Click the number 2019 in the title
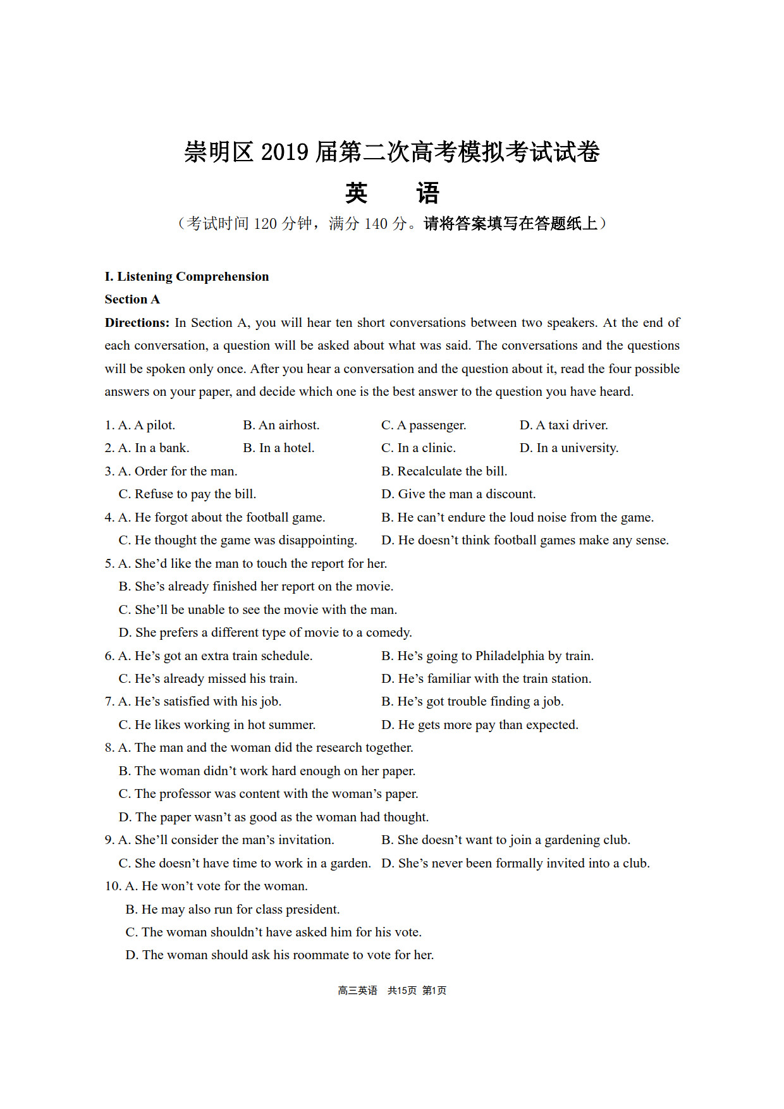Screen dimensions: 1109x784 point(285,152)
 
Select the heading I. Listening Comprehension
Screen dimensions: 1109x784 point(187,276)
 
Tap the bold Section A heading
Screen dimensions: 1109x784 point(132,299)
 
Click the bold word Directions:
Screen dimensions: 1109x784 point(137,322)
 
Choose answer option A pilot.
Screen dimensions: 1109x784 point(154,425)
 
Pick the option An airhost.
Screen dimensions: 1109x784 point(289,425)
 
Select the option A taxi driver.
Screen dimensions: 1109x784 point(572,425)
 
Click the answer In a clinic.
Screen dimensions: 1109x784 point(426,448)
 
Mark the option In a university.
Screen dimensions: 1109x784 point(577,448)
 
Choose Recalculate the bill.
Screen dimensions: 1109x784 point(452,471)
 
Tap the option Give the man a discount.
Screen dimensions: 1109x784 point(467,494)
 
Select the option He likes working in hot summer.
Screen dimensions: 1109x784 point(224,725)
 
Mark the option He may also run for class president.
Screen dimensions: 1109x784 point(240,909)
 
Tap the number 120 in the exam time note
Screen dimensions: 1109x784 point(266,224)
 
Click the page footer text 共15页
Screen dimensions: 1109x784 point(402,991)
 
